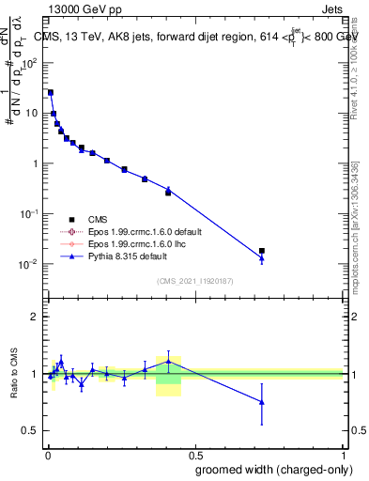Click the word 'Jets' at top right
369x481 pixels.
click(x=330, y=9)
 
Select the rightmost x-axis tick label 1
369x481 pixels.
click(x=343, y=453)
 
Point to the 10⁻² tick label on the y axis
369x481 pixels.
click(x=29, y=264)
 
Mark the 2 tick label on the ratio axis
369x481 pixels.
click(x=34, y=317)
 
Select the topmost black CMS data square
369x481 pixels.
click(x=51, y=92)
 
